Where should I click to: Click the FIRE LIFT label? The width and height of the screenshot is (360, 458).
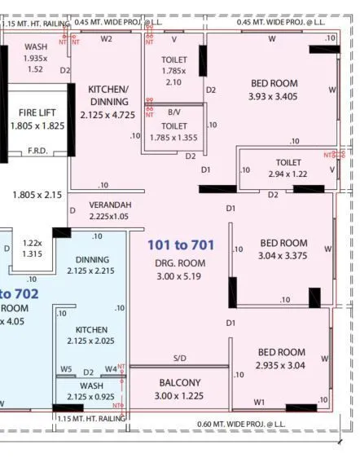pos(36,112)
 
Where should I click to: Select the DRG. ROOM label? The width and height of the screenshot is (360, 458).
pos(180,263)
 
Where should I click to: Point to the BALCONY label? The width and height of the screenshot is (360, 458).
pos(180,383)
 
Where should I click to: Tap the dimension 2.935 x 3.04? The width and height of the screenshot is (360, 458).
pos(282,365)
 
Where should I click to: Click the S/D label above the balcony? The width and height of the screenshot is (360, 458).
pos(179,359)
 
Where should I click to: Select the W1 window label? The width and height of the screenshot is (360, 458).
pos(259,402)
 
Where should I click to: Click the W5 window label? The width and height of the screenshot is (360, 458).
pos(66,369)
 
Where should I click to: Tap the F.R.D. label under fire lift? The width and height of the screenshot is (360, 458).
pos(37,151)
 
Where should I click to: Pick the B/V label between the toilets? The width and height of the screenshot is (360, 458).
pos(174,112)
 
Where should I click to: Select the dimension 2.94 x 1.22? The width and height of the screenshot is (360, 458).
pos(288,174)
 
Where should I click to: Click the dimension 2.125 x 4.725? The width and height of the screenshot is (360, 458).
pos(108,115)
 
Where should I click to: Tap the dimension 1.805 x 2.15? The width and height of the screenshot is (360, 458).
pos(37,195)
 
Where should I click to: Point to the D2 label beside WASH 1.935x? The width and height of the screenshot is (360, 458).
pos(65,70)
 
